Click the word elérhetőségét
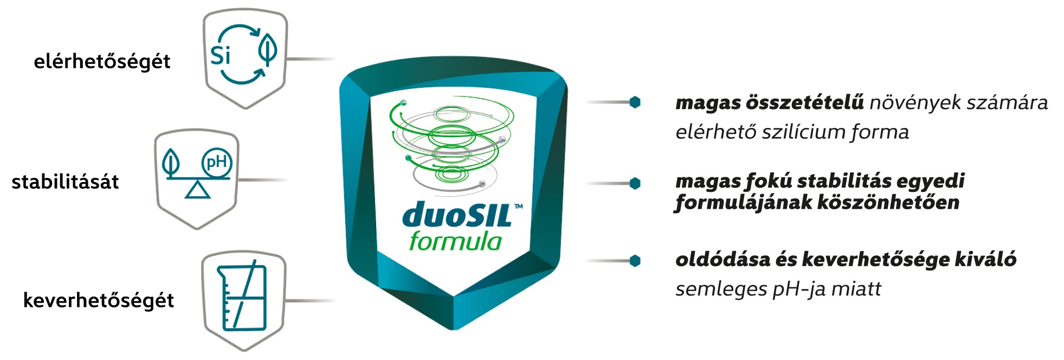pyautogui.click(x=102, y=61)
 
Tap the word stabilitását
pyautogui.click(x=65, y=182)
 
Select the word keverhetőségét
pyautogui.click(x=99, y=300)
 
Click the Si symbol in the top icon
pyautogui.click(x=221, y=55)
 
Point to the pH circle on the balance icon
pyautogui.click(x=216, y=162)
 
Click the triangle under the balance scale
pyautogui.click(x=197, y=190)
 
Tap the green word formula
pyautogui.click(x=455, y=241)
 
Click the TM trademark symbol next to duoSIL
pyautogui.click(x=519, y=206)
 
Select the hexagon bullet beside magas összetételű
pyautogui.click(x=635, y=102)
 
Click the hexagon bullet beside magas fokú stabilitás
pyautogui.click(x=635, y=184)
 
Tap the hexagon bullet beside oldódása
pyautogui.click(x=635, y=261)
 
